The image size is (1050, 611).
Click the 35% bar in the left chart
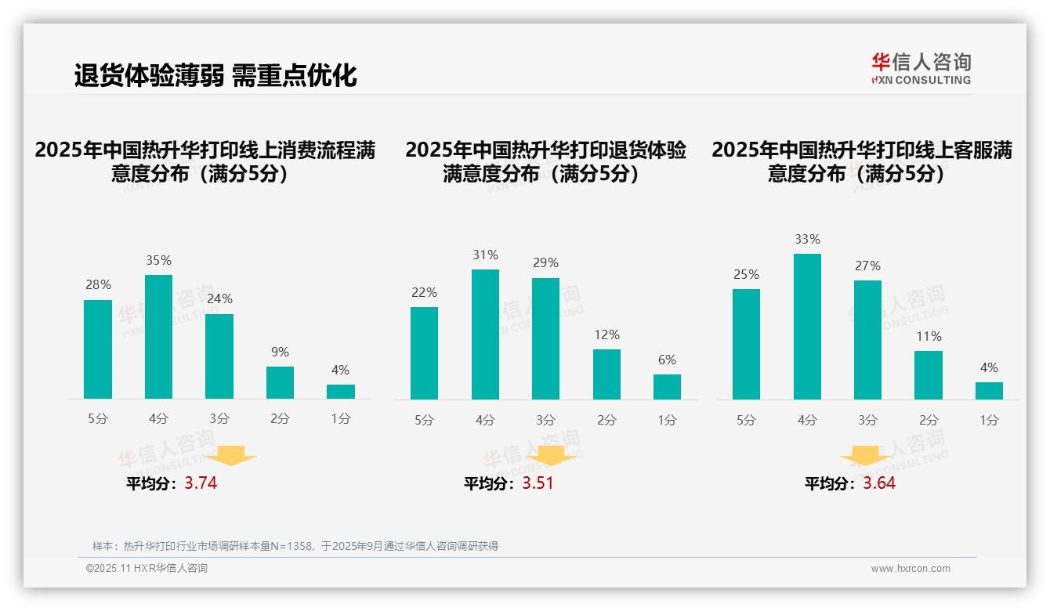click(x=158, y=337)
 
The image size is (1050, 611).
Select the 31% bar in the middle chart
click(x=485, y=334)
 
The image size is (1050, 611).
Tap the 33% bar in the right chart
click(x=807, y=327)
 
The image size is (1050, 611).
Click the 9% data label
click(x=280, y=352)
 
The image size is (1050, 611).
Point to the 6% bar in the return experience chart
click(x=667, y=387)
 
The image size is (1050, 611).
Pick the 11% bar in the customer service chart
click(x=929, y=375)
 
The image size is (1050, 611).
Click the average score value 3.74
click(x=201, y=483)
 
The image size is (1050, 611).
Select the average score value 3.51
click(x=538, y=483)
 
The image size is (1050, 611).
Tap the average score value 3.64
click(x=879, y=483)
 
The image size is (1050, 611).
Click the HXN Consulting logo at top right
click(x=921, y=68)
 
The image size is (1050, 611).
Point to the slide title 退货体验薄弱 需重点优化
click(x=215, y=75)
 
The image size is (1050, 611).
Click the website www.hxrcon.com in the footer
click(x=911, y=569)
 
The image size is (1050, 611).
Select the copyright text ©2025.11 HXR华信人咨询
click(x=147, y=569)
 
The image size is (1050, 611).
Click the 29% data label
click(x=545, y=263)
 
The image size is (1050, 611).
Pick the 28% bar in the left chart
click(x=98, y=349)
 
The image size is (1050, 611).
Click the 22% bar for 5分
click(x=424, y=353)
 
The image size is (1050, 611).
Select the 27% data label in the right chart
click(x=867, y=266)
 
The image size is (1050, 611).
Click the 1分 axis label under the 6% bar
click(x=667, y=421)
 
